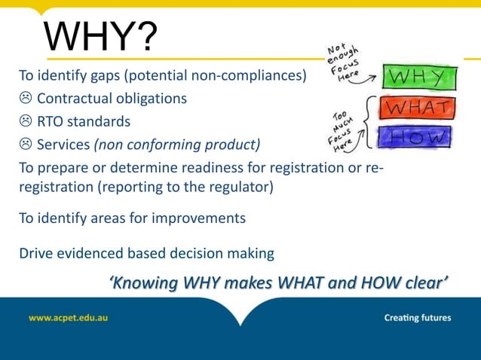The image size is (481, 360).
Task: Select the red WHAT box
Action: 418,108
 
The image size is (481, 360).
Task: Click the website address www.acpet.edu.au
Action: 68,318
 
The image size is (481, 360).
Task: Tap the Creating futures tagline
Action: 417,318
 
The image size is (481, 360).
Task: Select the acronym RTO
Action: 51,121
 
